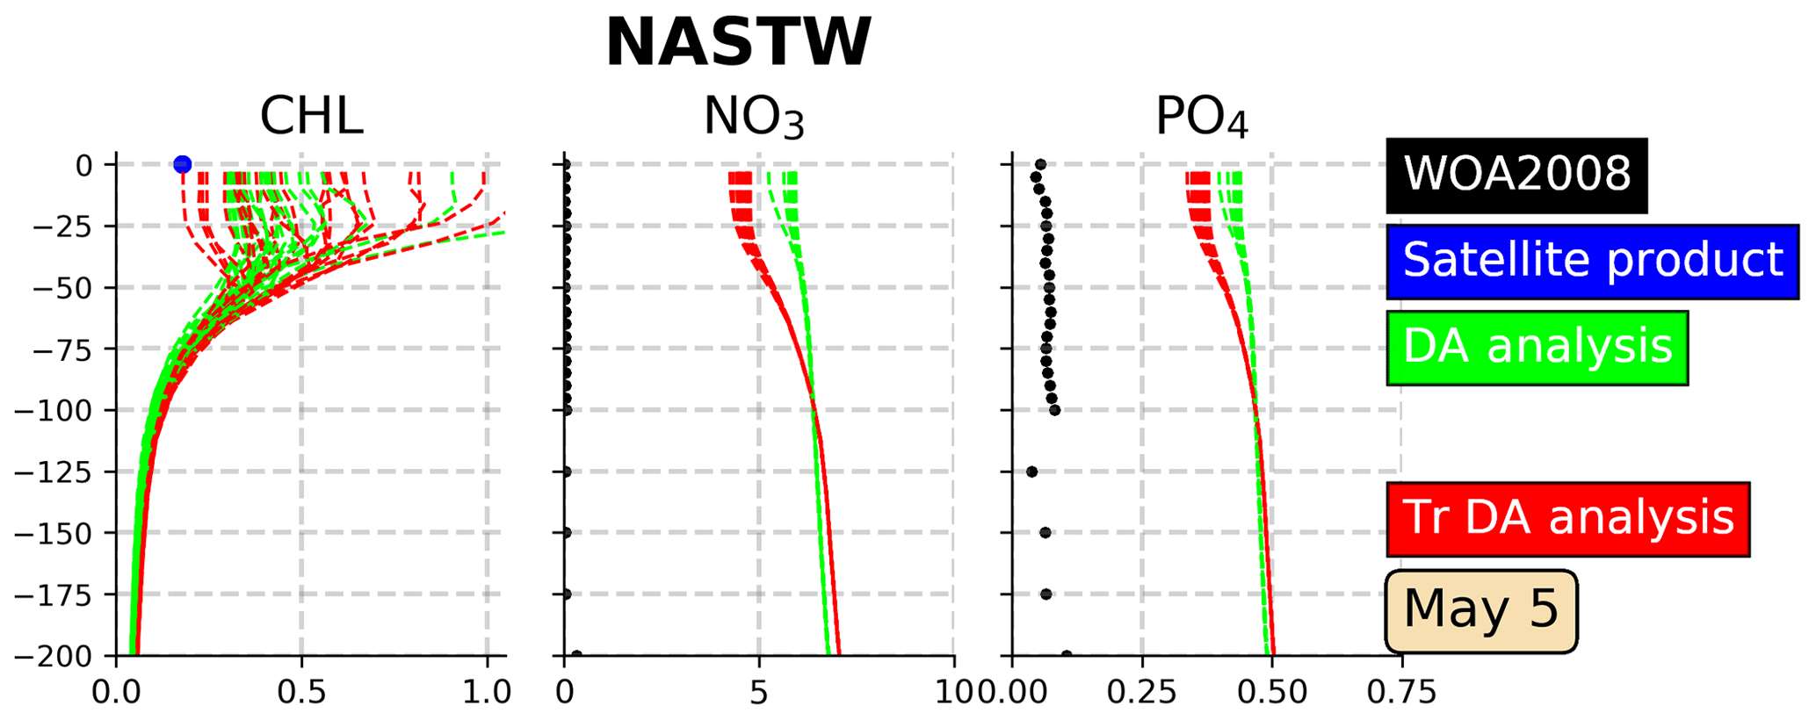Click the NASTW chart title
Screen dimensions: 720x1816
[738, 42]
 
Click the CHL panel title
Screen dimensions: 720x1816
[311, 116]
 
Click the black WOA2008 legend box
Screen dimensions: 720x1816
[1516, 175]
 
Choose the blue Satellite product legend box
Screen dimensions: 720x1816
[1592, 261]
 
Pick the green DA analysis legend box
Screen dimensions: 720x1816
[1537, 347]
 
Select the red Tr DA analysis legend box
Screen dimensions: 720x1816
[1567, 518]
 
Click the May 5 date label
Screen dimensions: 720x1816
[1480, 609]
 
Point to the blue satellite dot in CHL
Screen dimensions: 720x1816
[182, 164]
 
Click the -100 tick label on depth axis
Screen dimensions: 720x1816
[61, 411]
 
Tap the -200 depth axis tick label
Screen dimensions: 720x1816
[61, 657]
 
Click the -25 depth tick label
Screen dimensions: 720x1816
[69, 227]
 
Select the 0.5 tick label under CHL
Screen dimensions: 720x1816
[301, 692]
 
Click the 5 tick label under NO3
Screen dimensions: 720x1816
[759, 692]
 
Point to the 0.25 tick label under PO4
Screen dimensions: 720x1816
[1141, 692]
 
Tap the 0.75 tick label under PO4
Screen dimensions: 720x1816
[1401, 692]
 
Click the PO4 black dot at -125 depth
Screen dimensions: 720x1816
[1031, 472]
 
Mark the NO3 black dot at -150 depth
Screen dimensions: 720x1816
[567, 533]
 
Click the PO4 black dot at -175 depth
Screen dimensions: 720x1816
[1045, 594]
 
